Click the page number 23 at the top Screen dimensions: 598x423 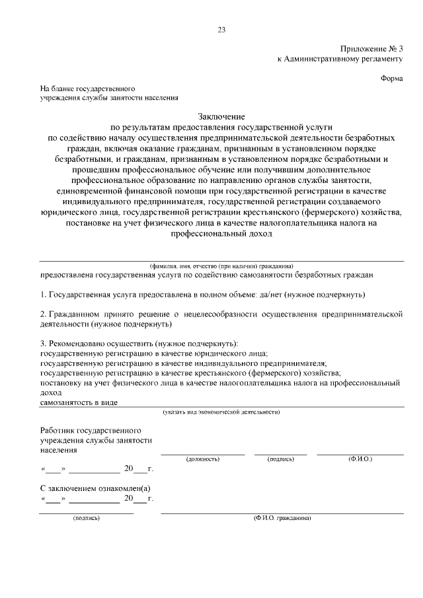221,30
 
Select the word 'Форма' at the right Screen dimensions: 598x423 392,78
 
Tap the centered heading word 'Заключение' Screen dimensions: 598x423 221,116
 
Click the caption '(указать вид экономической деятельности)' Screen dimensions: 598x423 221,412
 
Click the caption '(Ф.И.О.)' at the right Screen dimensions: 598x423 360,459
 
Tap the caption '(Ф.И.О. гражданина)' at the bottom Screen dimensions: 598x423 282,518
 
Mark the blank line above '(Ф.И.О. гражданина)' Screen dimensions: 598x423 282,513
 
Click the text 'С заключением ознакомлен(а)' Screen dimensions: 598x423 95,488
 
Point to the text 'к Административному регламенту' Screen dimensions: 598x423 340,59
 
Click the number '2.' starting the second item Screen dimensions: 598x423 44,314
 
